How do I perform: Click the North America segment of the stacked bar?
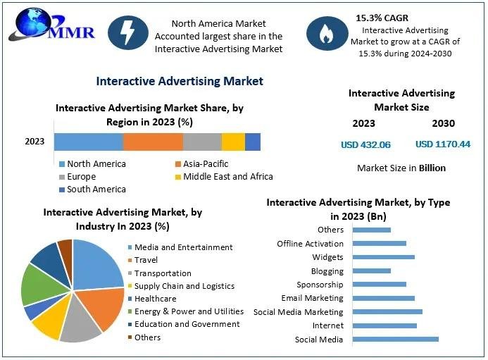pyautogui.click(x=89, y=142)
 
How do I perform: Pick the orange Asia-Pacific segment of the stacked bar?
pyautogui.click(x=153, y=142)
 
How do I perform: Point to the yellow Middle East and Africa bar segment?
pyautogui.click(x=233, y=142)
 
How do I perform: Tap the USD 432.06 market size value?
pyautogui.click(x=365, y=144)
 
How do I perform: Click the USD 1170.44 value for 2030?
pyautogui.click(x=443, y=144)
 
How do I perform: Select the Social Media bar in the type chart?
pyautogui.click(x=395, y=339)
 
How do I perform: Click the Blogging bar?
pyautogui.click(x=371, y=271)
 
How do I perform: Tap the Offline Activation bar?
pyautogui.click(x=379, y=243)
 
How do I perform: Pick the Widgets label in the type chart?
pyautogui.click(x=327, y=257)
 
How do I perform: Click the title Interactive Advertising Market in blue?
pyautogui.click(x=180, y=81)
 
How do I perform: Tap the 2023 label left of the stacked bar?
pyautogui.click(x=35, y=142)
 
